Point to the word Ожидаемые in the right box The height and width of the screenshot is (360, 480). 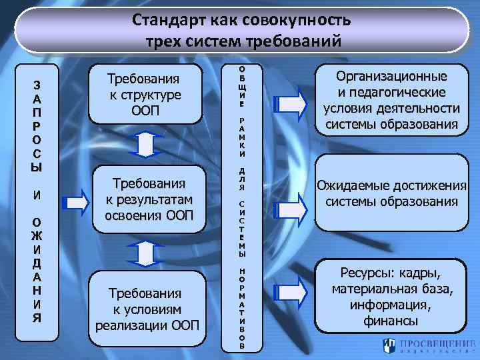point(354,187)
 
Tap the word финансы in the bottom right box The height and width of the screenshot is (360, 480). point(391,321)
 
